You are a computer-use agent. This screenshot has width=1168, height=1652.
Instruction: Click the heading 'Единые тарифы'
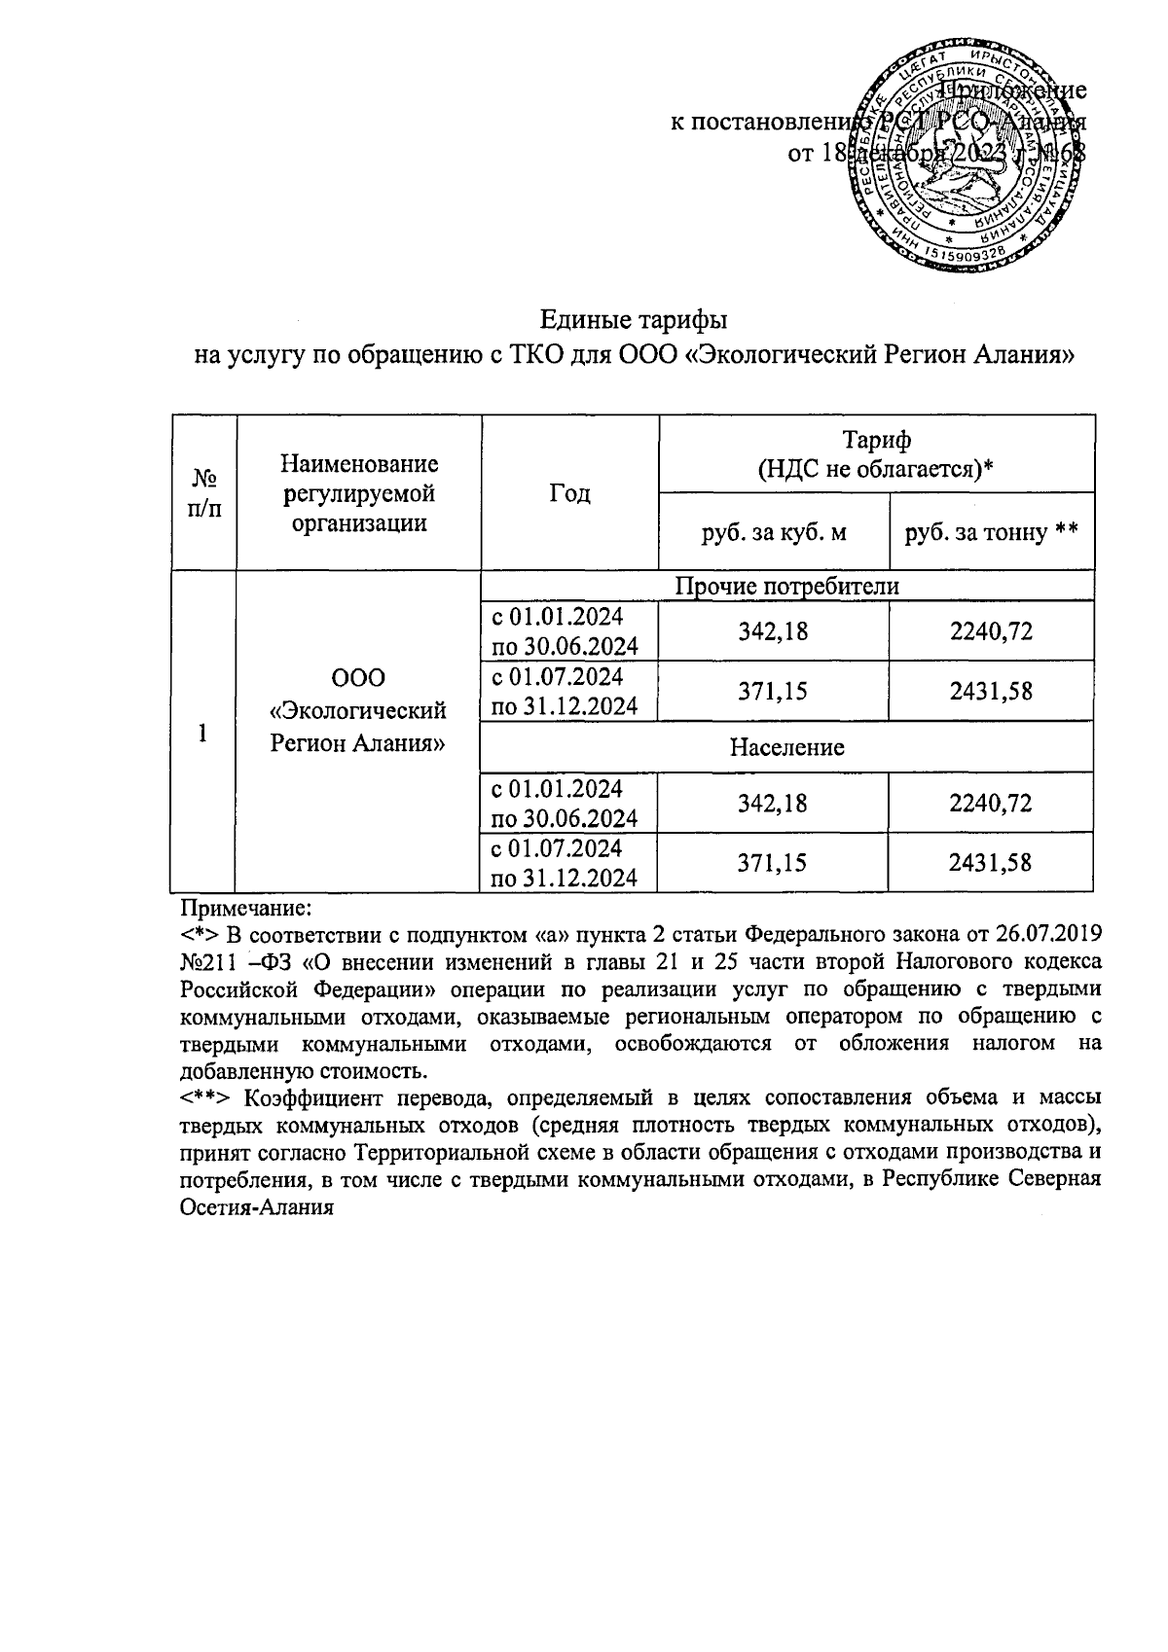(634, 320)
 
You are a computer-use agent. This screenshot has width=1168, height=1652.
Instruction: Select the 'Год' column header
(569, 493)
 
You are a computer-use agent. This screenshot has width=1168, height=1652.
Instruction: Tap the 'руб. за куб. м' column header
(774, 532)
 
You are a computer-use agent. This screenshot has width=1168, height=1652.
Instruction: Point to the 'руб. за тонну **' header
(991, 532)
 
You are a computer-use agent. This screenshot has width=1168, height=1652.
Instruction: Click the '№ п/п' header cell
(204, 493)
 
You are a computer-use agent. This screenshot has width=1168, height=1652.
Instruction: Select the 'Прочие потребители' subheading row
(787, 586)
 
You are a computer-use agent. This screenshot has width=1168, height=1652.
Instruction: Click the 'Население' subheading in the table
(787, 747)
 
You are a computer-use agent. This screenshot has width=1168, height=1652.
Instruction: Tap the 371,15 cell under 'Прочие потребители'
(774, 692)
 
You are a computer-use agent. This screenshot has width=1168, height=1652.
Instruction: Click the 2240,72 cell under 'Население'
(991, 804)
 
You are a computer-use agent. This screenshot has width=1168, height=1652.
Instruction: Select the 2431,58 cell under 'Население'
(991, 862)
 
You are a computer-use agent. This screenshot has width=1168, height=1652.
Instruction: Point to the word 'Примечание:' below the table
(245, 909)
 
